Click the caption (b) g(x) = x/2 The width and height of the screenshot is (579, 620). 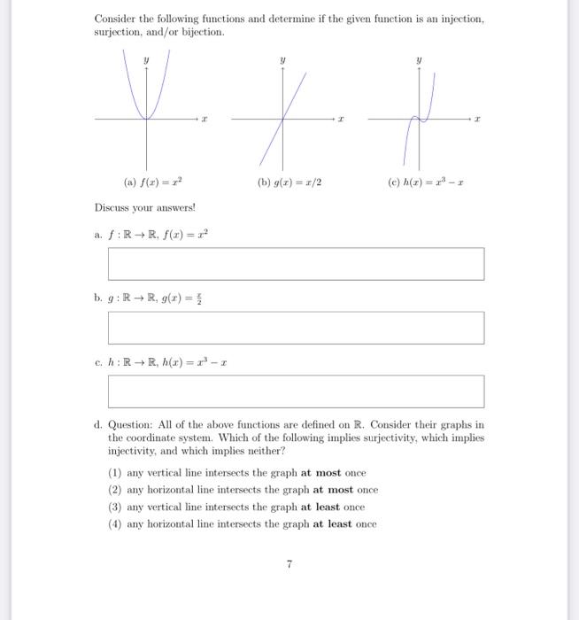[x=289, y=183]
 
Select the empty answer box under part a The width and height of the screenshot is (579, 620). [x=296, y=263]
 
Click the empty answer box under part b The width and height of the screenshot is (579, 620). [x=296, y=327]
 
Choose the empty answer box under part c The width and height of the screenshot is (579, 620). [x=296, y=391]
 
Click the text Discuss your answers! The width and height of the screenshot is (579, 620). [x=132, y=208]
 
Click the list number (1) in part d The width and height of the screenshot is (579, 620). [x=114, y=473]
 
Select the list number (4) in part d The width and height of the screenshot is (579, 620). [x=114, y=523]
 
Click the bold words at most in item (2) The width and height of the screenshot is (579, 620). [x=330, y=490]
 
